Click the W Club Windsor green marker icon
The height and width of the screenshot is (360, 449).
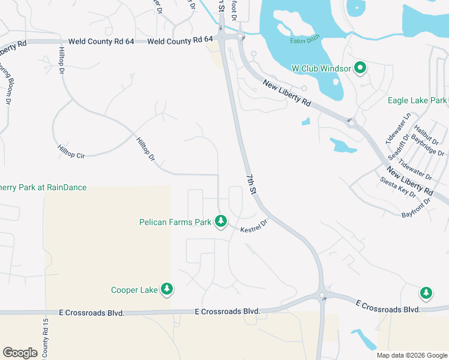coord(360,68)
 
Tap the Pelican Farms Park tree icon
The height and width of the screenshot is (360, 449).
coord(221,222)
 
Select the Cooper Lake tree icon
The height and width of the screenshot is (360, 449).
coord(167,290)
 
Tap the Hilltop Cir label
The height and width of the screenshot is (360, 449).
coord(71,151)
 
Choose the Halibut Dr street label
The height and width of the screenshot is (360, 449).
coord(421,132)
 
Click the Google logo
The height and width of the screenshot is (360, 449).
coord(20,353)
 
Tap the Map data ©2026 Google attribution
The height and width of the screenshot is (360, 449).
coord(412,355)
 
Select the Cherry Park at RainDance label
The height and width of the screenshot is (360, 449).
coord(43,188)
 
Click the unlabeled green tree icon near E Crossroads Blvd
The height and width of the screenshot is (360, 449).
coord(426,293)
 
